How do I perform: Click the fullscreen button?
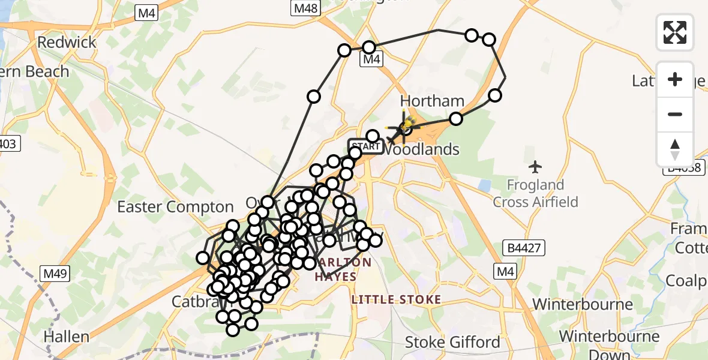(675, 32)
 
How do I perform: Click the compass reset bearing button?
(675, 149)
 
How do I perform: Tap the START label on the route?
(366, 146)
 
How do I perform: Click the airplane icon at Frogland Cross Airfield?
(536, 166)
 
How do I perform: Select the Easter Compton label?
(175, 208)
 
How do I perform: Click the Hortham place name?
(432, 101)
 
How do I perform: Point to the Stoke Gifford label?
(452, 343)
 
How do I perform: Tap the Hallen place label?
(66, 337)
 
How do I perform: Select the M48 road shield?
(306, 8)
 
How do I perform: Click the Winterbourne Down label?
(608, 344)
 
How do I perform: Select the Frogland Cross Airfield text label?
(536, 194)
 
